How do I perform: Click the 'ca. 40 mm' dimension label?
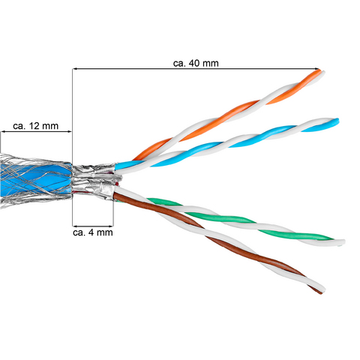tap(196, 63)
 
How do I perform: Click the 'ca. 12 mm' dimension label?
tap(35, 126)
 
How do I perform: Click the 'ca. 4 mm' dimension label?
tap(93, 232)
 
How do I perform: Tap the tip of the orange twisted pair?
tap(321, 72)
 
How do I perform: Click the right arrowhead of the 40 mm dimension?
tap(317, 68)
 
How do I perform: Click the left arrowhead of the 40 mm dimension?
tap(76, 68)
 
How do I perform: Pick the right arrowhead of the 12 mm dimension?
tap(69, 131)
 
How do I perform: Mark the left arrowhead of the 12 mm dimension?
tap(4, 131)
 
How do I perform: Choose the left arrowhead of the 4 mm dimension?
tap(76, 226)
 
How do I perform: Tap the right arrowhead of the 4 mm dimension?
tap(110, 226)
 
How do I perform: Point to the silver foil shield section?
tap(94, 181)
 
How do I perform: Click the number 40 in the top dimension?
tap(194, 63)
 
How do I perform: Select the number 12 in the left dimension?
tap(34, 126)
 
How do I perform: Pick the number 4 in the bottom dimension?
tap(91, 232)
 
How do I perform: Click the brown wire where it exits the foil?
tap(118, 196)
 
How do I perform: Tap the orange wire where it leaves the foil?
tap(137, 157)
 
